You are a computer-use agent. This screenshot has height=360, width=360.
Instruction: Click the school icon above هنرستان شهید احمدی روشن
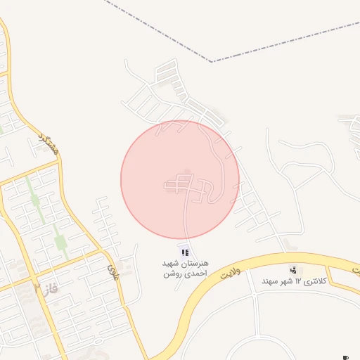tap(184, 252)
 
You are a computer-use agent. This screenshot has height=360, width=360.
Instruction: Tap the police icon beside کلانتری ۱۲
tap(293, 270)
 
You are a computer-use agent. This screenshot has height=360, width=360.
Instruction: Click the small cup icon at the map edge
tap(345, 356)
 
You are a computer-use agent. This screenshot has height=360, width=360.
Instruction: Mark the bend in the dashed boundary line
tap(212, 62)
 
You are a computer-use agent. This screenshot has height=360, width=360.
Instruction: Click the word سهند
tap(252, 281)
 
